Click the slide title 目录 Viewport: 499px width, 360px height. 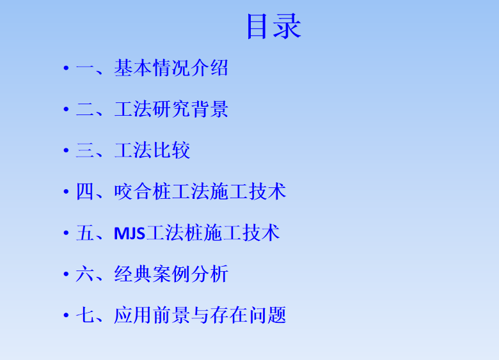274,27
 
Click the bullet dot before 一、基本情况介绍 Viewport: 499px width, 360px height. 66,68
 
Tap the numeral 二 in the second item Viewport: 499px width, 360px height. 84,109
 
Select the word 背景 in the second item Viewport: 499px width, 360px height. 209,109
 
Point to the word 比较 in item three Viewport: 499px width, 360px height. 171,150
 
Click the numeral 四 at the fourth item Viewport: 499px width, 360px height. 84,191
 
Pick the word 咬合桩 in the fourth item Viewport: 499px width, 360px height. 143,191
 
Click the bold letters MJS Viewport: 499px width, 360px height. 129,233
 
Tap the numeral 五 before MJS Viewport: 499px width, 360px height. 84,233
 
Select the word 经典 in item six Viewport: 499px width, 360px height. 133,274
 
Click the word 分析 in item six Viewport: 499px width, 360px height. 209,274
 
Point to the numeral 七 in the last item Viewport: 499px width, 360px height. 84,315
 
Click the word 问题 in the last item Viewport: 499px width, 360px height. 267,315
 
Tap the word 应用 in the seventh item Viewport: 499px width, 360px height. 133,315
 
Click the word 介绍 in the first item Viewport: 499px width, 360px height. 209,68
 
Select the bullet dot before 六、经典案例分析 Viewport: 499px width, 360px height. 66,274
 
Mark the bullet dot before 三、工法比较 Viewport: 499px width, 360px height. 66,150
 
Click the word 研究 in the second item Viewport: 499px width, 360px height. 171,109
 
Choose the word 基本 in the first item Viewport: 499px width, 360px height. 133,68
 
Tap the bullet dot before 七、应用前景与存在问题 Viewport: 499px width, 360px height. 66,315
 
